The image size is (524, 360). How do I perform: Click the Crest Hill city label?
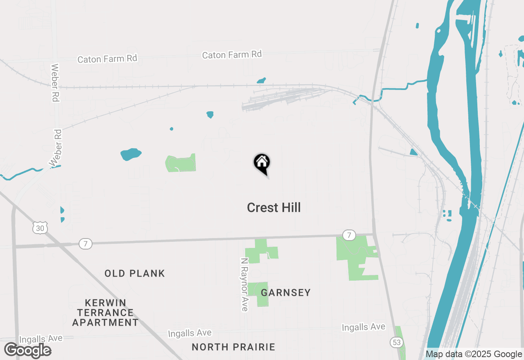coord(273,207)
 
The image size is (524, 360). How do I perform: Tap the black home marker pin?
coord(262,163)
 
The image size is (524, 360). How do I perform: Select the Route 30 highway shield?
coord(41,228)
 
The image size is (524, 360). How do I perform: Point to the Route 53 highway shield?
coord(397,342)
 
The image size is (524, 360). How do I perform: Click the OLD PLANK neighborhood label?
coord(135,273)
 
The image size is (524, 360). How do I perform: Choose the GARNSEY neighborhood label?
coord(286,292)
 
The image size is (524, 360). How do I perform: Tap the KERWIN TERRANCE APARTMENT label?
coord(105,313)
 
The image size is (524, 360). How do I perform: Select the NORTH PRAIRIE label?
coord(233,347)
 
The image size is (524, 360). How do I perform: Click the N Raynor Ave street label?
coord(244,284)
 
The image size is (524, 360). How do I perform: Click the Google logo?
coord(28,351)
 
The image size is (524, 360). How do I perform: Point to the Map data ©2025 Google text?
coord(474,354)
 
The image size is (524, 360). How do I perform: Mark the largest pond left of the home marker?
coord(131,154)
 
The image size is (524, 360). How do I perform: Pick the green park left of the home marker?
coord(181,163)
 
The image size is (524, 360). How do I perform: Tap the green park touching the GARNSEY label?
coord(258,294)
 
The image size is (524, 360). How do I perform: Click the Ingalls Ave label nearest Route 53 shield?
coord(364,327)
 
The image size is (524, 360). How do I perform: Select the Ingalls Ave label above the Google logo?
coord(41,338)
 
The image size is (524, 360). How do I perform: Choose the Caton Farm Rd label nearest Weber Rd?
coord(107,59)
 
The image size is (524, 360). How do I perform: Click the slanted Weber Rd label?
coord(56,148)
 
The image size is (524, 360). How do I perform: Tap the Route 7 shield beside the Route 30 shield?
coord(86,244)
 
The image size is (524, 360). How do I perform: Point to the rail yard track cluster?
coord(282,99)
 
